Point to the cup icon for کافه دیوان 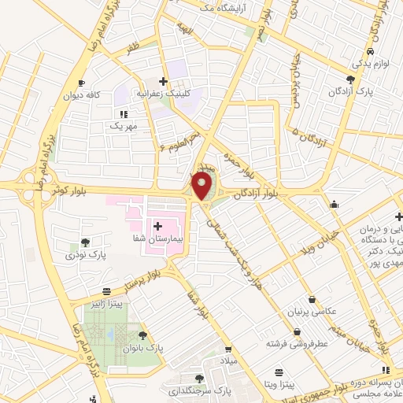tap(81, 83)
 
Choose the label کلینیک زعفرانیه tap(164, 93)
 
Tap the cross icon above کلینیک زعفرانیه tap(163, 81)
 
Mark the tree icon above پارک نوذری tap(85, 242)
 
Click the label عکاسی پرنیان tap(314, 311)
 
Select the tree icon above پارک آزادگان tap(350, 79)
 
